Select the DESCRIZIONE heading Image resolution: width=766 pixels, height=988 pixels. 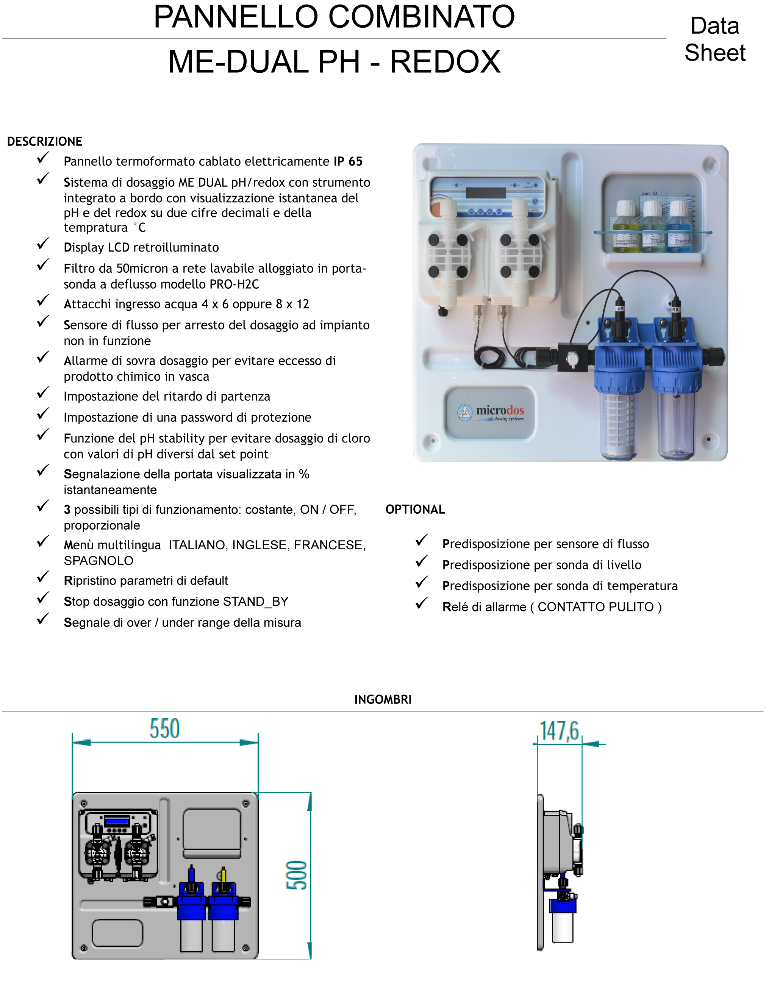[45, 142]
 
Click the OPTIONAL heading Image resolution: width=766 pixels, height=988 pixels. [415, 510]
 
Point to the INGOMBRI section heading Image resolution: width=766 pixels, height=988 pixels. [383, 699]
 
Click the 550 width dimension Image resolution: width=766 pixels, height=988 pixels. [165, 729]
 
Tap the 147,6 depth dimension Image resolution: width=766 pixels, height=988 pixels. [559, 732]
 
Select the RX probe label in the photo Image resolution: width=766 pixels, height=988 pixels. [675, 310]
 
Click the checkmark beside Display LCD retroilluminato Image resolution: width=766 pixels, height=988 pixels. [43, 244]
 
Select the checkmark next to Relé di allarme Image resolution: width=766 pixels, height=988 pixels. [421, 603]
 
